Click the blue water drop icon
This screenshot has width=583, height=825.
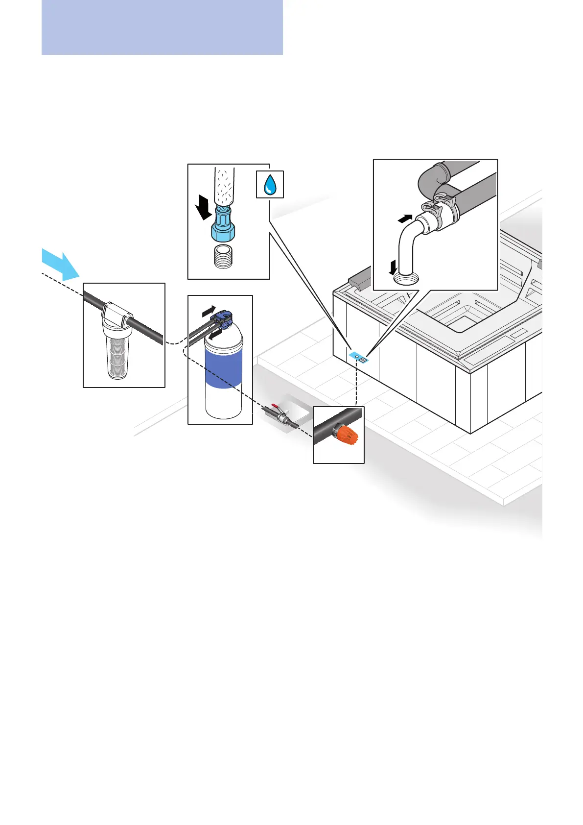click(270, 185)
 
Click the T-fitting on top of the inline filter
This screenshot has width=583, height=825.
click(117, 315)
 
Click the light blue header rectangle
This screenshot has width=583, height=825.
click(162, 27)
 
